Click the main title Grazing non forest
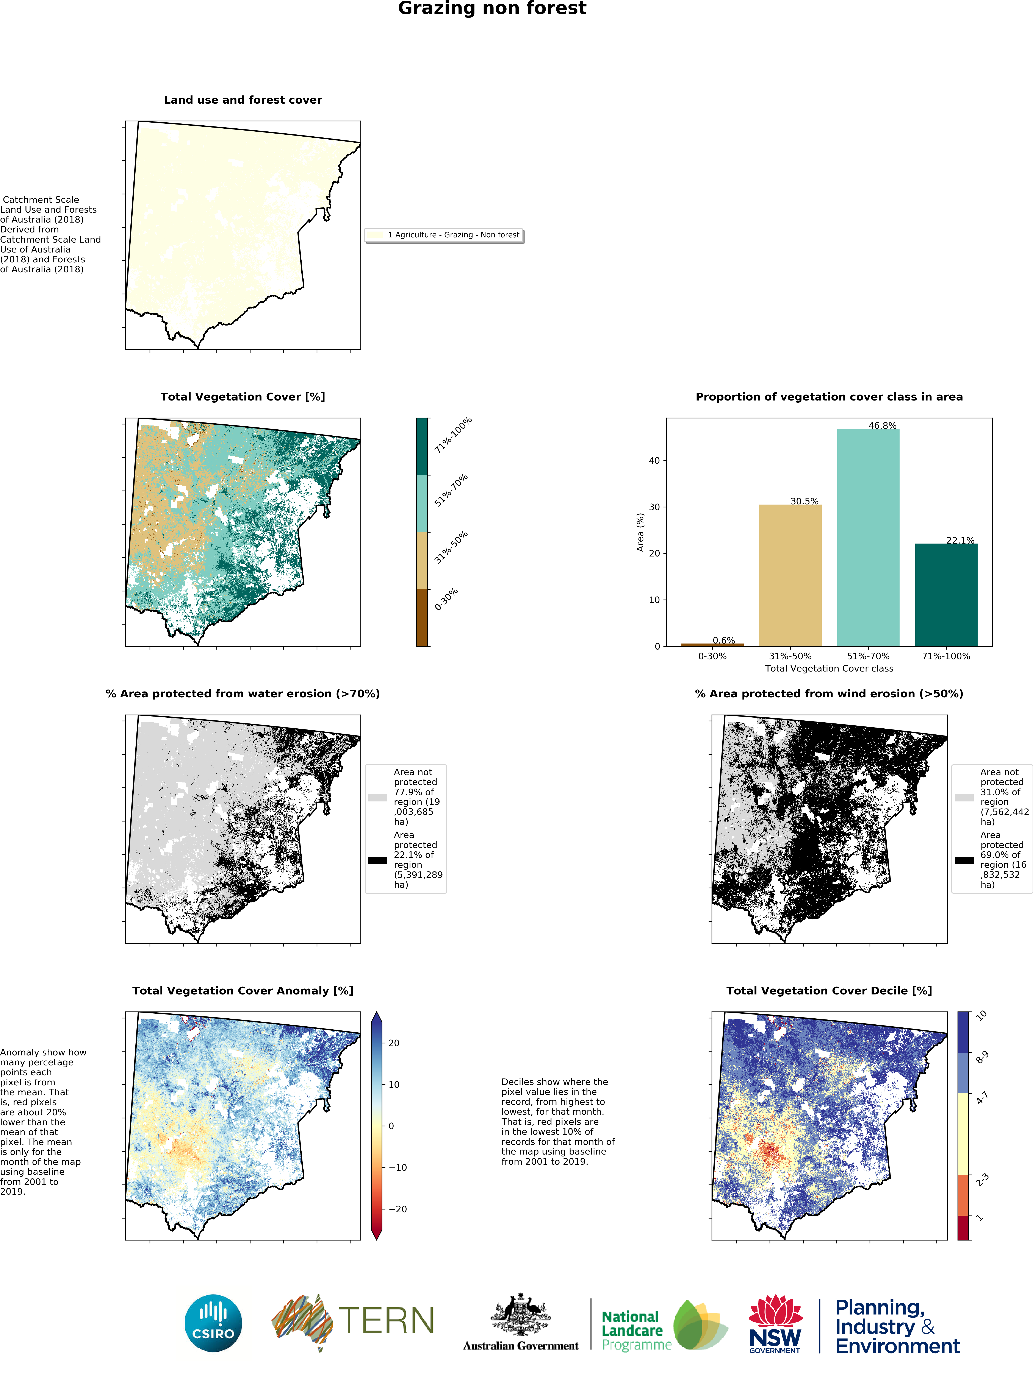click(x=492, y=9)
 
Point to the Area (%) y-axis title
click(x=640, y=532)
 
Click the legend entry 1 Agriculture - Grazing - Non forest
click(x=453, y=235)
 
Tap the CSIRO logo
click(x=213, y=1323)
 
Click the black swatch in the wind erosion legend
click(x=964, y=860)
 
